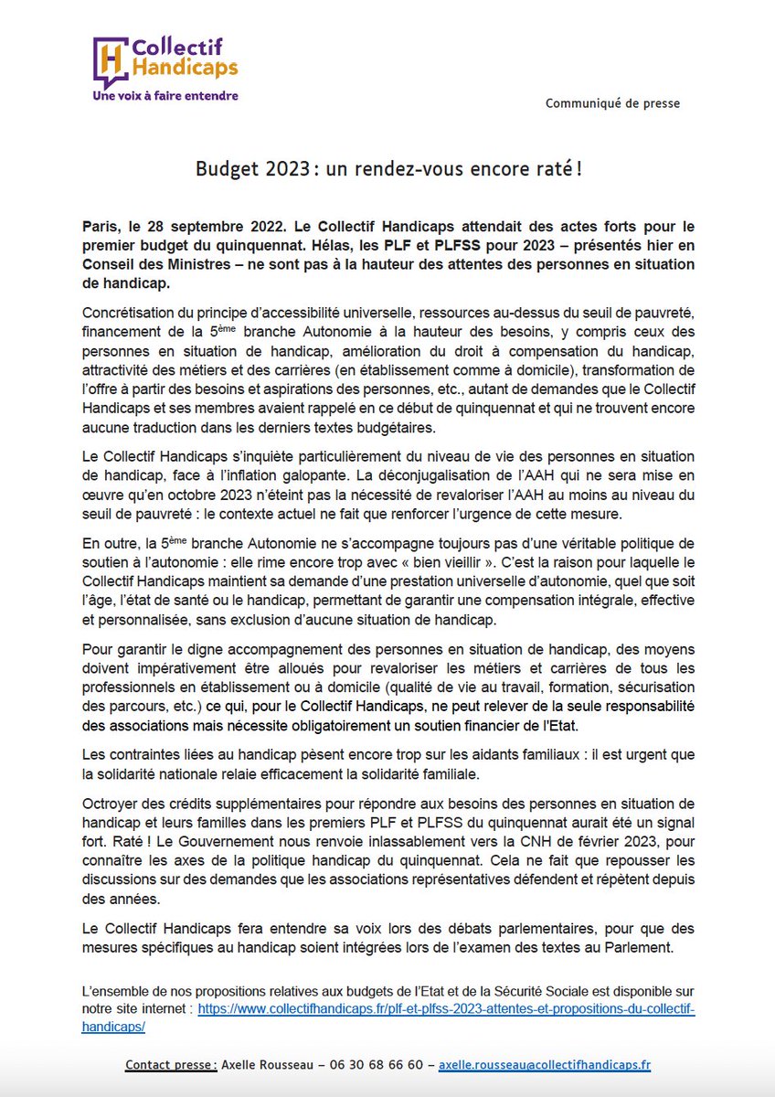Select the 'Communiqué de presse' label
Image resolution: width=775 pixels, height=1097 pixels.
coord(612,103)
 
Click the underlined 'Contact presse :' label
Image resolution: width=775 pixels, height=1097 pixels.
coord(171,1066)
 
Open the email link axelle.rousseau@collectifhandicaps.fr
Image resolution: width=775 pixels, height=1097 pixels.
coord(545,1066)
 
